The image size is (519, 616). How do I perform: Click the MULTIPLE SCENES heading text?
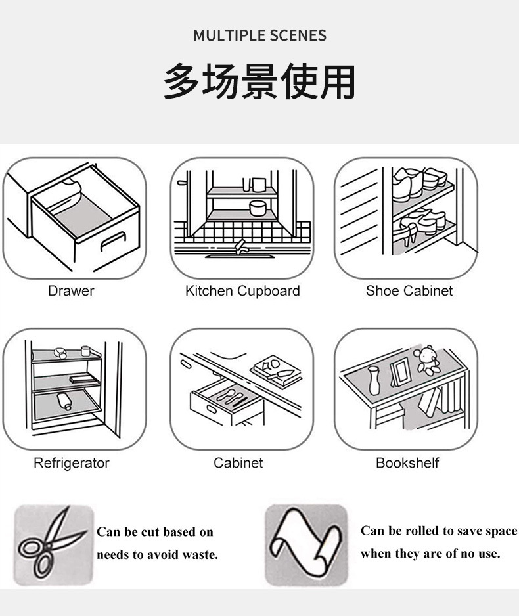coord(259,35)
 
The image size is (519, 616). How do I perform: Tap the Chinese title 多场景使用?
coord(259,81)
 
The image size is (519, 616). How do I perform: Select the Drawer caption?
coord(71,290)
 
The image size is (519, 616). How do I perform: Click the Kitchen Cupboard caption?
coord(242,290)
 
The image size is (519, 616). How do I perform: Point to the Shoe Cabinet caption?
coord(409,290)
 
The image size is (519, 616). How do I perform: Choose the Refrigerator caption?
coord(72,463)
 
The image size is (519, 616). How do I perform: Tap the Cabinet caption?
coord(238,463)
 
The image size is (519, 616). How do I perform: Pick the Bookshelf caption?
coord(407,463)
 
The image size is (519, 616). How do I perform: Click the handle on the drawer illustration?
coord(112,240)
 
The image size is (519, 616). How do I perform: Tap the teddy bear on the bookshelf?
coord(428,361)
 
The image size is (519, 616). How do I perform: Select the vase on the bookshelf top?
coord(374,380)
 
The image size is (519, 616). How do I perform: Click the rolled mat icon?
coord(305,544)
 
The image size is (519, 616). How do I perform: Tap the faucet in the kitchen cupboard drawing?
coord(241,246)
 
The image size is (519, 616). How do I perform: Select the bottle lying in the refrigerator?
coord(64,401)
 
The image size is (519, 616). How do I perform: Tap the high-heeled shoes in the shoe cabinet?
coord(411,227)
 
